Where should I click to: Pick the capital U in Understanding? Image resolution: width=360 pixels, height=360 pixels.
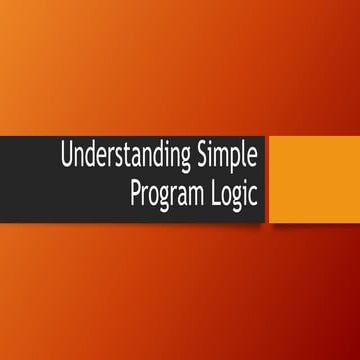[67, 156]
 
